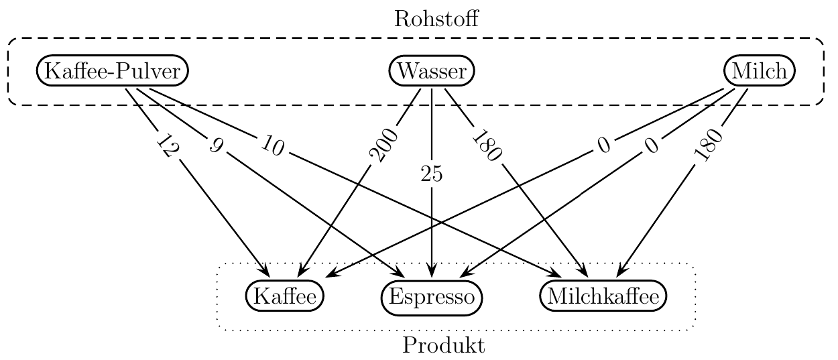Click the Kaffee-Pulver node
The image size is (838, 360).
112,71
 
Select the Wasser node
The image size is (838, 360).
432,71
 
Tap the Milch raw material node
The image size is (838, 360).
760,71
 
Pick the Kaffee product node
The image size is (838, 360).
285,296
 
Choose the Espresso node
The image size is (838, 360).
432,298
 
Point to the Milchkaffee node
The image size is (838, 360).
603,296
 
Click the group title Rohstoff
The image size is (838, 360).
436,19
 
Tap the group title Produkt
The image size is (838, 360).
443,345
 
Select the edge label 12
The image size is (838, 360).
166,145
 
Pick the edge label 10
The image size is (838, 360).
272,145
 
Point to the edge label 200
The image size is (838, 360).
383,145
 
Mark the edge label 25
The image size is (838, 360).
432,174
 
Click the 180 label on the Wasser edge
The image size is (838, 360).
486,145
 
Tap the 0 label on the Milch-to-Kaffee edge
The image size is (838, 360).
604,145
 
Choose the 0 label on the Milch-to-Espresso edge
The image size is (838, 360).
652,145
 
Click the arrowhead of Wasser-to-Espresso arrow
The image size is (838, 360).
432,272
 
